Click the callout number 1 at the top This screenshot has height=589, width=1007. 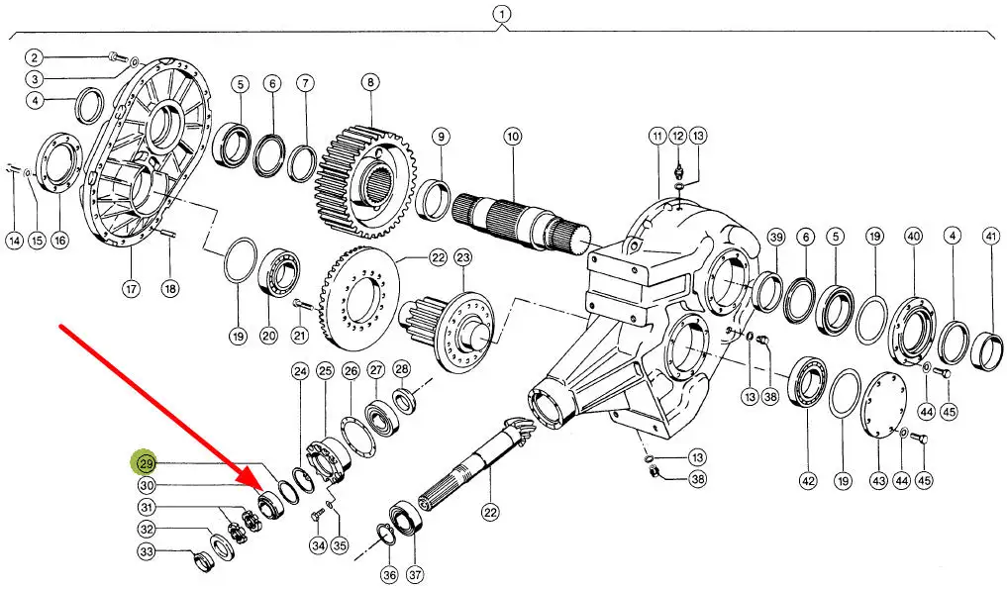tap(502, 14)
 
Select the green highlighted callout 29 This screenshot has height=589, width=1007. tap(147, 463)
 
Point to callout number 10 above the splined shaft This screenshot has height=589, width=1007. tap(512, 136)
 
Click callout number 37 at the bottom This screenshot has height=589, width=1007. tap(413, 574)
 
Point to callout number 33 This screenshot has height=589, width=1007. tap(147, 551)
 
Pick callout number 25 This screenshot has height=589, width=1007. tap(326, 371)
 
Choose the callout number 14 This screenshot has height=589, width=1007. tap(14, 240)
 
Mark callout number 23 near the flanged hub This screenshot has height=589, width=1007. tap(463, 258)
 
